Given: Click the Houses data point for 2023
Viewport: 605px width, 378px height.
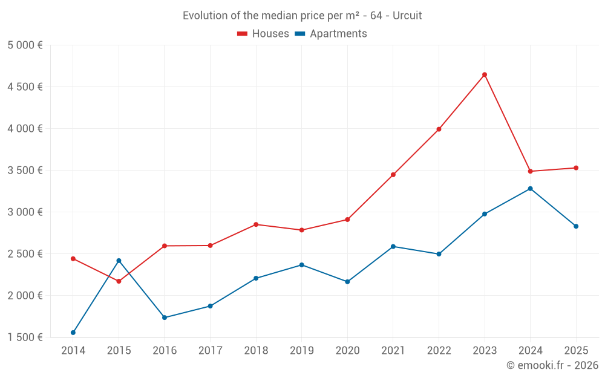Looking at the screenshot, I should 485,75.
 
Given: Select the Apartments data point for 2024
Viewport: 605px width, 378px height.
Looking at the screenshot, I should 531,189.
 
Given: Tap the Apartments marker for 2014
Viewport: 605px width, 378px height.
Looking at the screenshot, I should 73,333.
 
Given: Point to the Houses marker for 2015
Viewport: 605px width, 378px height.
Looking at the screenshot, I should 119,281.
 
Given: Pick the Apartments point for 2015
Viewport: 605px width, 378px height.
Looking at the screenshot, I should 119,261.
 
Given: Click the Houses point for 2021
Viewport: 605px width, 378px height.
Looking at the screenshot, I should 393,175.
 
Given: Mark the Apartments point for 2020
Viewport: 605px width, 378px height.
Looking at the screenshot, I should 347,282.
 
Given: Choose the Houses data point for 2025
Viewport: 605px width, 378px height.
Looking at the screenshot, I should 576,168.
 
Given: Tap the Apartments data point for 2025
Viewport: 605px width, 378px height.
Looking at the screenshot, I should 576,226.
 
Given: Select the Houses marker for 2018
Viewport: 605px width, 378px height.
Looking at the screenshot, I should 256,224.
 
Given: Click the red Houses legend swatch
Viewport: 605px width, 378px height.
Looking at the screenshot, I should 243,34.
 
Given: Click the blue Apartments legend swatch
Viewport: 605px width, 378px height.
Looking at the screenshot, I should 299,34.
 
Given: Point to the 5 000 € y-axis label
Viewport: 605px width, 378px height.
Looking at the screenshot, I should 25,45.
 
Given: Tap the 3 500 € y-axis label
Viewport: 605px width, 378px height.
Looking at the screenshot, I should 25,171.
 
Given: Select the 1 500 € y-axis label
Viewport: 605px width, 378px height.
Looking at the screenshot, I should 25,337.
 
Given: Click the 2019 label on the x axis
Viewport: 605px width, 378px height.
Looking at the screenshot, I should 301,351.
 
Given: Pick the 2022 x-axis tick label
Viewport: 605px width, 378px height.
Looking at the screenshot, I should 439,351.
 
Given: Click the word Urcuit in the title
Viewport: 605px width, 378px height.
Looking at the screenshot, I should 407,16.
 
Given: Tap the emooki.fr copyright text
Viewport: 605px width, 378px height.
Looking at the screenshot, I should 552,365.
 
